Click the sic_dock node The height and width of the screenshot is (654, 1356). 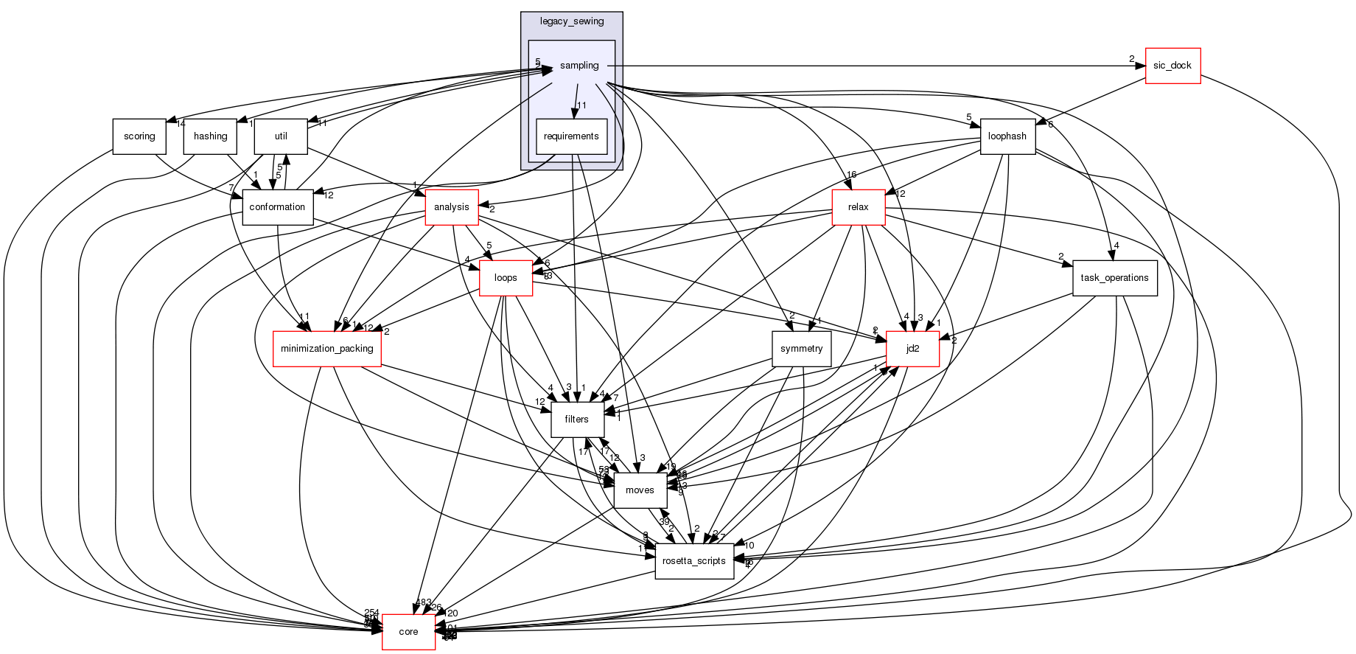click(x=1172, y=66)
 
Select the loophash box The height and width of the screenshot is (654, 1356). click(x=1007, y=136)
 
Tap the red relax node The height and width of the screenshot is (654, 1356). click(x=858, y=207)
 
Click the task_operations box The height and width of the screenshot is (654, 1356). click(x=1114, y=278)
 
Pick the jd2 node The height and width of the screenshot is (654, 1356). click(x=912, y=349)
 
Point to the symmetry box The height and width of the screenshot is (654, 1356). click(x=801, y=349)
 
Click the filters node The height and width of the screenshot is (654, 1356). click(x=576, y=420)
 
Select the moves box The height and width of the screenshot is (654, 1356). click(x=640, y=490)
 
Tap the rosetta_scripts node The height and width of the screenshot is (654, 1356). click(x=694, y=561)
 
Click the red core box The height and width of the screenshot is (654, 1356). click(x=408, y=632)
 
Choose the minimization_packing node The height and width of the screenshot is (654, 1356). click(x=327, y=349)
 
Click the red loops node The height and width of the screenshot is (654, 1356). click(x=506, y=278)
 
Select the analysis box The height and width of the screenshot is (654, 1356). click(x=452, y=207)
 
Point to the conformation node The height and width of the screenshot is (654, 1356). click(x=277, y=207)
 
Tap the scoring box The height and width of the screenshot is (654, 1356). click(x=139, y=136)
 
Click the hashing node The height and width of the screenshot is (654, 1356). click(x=210, y=136)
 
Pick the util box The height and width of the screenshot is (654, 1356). click(x=281, y=136)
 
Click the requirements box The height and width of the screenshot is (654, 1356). click(x=571, y=136)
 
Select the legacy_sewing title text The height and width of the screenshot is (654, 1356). click(x=572, y=21)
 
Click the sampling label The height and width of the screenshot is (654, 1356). click(x=579, y=66)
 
